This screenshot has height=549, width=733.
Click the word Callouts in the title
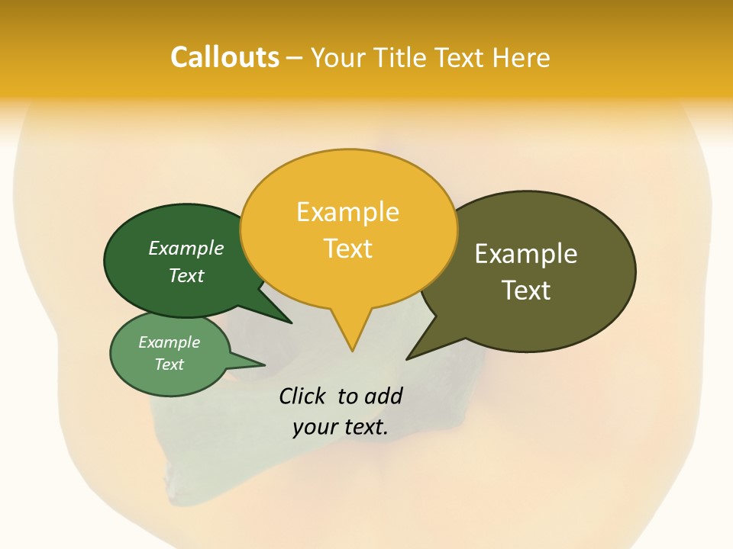coord(224,57)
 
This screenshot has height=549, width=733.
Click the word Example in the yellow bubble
coord(347,212)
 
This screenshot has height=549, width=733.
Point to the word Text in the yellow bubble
coord(348,249)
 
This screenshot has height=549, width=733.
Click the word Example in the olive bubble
coord(526,254)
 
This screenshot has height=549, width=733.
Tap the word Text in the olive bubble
coord(527,291)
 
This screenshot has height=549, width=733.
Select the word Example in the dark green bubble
coord(186,248)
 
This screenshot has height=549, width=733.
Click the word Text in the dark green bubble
coord(186,275)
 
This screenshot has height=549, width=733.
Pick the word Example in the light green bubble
coord(170,342)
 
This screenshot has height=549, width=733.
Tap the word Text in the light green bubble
coord(170,364)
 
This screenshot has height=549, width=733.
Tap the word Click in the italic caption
coord(302,396)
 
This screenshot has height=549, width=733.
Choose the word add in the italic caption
coord(383,396)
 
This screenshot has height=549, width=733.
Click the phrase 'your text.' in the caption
coord(341,427)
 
